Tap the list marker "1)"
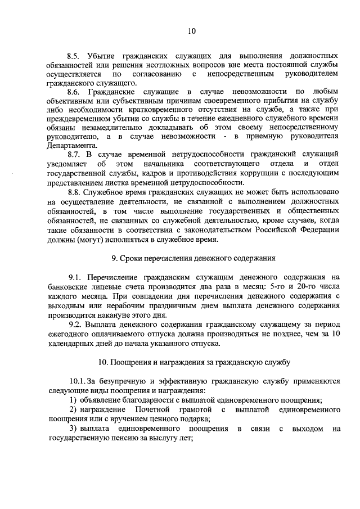(73, 400)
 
